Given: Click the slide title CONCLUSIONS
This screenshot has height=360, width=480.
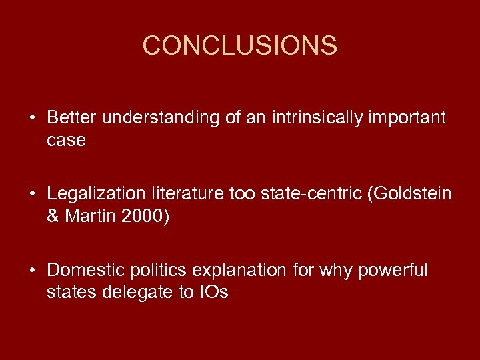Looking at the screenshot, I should coord(240,46).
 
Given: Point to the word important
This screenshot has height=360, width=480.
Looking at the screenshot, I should coord(407,119).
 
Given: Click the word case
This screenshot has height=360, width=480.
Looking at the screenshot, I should coord(66,140).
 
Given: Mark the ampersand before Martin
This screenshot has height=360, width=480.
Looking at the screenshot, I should coord(53,216).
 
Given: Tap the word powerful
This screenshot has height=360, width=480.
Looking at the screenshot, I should coord(393,270).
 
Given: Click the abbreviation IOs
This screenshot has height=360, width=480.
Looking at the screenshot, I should coord(213,292).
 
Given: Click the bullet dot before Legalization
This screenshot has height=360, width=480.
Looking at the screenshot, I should coord(31,194).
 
